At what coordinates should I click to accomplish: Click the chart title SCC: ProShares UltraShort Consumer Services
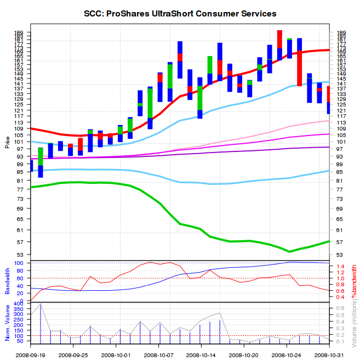point(180,13)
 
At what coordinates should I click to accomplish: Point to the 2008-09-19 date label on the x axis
point(31,355)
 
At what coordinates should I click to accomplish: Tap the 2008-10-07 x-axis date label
point(158,355)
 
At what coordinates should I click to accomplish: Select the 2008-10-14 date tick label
point(201,355)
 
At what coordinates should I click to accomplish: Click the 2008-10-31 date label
point(329,355)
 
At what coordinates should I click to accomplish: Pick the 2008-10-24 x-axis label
point(287,355)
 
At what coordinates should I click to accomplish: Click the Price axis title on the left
point(7,143)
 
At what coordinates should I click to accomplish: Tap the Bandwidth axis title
point(7,280)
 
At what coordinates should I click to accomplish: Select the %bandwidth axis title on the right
point(354,281)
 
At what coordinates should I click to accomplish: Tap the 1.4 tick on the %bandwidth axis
point(340,267)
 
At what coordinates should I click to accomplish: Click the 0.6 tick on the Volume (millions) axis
point(340,308)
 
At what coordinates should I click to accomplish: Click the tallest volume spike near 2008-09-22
point(41,305)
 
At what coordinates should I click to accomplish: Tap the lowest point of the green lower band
point(290,251)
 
